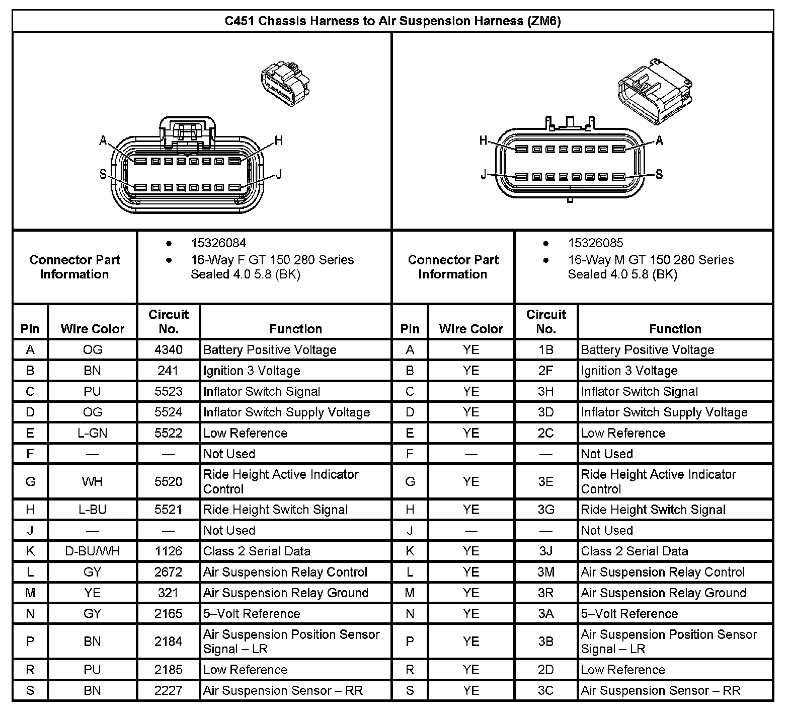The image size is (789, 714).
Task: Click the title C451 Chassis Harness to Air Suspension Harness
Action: (392, 21)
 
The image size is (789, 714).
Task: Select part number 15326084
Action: (218, 243)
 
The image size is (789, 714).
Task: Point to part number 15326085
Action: (595, 243)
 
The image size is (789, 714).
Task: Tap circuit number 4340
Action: (168, 350)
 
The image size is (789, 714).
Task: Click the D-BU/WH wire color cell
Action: (93, 551)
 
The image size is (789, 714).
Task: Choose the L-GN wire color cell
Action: (93, 433)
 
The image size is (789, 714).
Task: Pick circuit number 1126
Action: (168, 551)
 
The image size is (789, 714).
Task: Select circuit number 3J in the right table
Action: (546, 551)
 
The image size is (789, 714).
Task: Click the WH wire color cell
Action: (93, 482)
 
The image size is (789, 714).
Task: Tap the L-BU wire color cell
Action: (93, 510)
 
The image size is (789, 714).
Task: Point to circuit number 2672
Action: (168, 573)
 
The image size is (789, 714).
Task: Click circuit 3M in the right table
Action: (546, 573)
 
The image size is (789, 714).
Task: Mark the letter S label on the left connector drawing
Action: (103, 174)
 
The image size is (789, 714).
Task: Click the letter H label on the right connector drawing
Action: (484, 141)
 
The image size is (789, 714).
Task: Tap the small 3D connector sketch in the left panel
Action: (285, 84)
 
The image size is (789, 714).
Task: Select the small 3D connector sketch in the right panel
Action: (653, 91)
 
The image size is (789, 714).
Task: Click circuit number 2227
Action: (168, 690)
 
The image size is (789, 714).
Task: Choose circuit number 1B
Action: (546, 350)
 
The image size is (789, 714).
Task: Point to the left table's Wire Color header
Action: (93, 329)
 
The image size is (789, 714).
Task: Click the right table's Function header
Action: (675, 329)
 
